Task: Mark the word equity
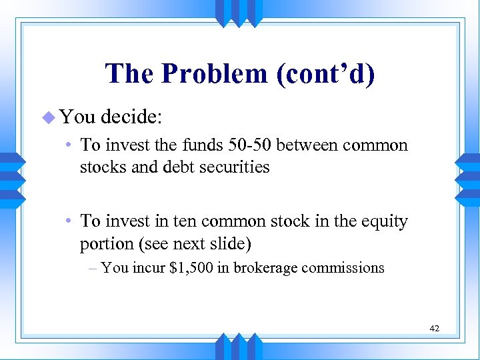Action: [383, 221]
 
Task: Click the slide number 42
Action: [434, 328]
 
